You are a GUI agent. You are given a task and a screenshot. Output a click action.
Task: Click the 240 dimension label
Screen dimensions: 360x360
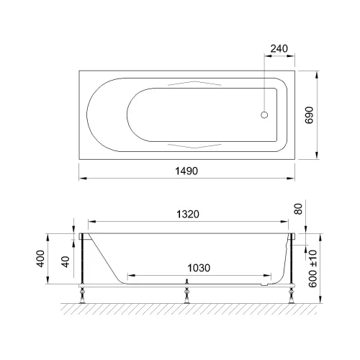coord(279,49)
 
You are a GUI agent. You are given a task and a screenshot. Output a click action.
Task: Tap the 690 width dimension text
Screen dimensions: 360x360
coord(310,115)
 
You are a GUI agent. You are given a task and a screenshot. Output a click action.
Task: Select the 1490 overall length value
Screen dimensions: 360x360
coord(186,171)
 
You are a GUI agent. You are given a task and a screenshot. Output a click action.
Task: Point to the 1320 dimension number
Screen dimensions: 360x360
coord(188,214)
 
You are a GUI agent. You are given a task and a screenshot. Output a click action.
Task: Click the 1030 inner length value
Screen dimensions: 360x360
coord(199,268)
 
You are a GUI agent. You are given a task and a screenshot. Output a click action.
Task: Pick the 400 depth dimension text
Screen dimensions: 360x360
coord(40,258)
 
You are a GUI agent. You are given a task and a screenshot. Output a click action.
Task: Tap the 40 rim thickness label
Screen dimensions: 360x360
coord(66,261)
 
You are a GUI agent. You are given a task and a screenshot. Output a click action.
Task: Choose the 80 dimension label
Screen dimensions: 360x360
coord(298,209)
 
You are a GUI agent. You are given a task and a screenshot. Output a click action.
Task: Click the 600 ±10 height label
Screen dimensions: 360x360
coord(312,269)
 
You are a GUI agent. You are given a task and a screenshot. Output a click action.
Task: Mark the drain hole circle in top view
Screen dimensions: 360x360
coord(264,115)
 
